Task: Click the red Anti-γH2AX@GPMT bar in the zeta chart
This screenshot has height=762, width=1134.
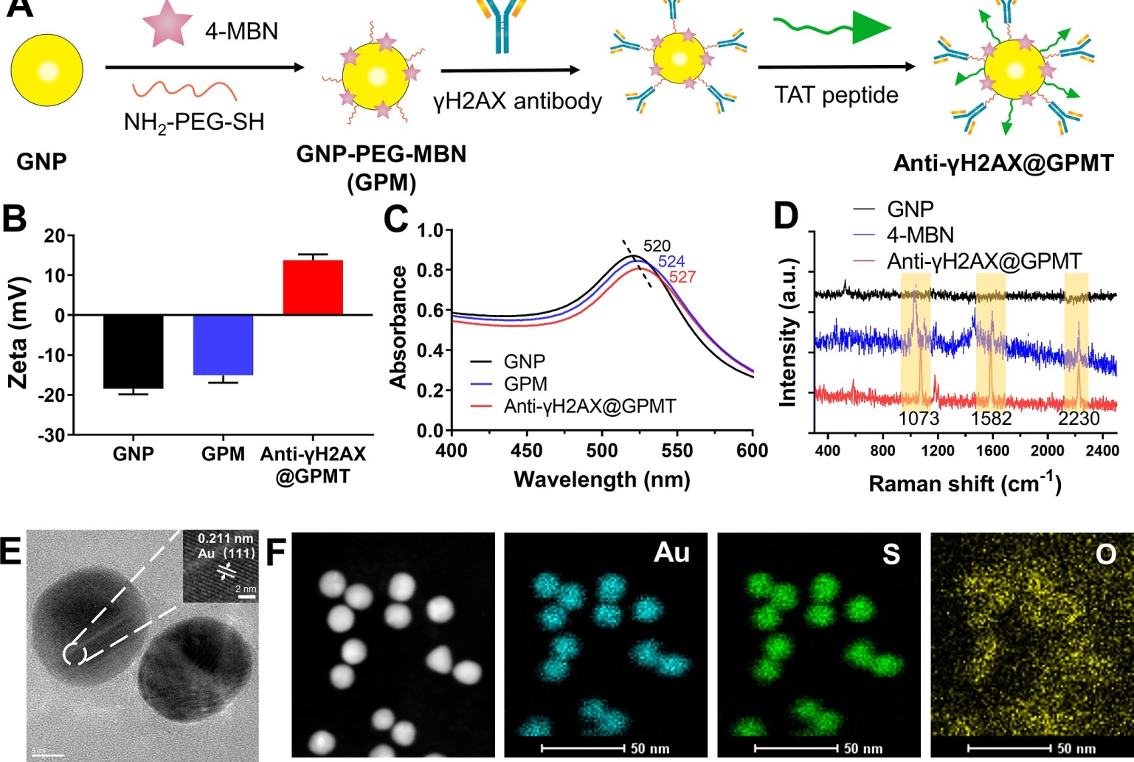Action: click(x=313, y=288)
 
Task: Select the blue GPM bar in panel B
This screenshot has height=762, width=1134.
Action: click(x=223, y=344)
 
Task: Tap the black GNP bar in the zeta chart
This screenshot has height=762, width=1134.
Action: click(x=133, y=351)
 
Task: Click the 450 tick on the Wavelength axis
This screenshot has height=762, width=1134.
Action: click(x=527, y=451)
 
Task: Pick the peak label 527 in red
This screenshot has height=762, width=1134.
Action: click(x=682, y=277)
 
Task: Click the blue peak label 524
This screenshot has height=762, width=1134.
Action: click(x=671, y=261)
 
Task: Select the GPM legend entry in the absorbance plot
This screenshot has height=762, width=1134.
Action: click(x=525, y=384)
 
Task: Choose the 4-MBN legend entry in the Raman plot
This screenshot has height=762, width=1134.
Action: click(x=920, y=235)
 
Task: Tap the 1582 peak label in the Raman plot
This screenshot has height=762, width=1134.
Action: click(x=991, y=419)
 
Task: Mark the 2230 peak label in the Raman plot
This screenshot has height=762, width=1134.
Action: click(x=1079, y=419)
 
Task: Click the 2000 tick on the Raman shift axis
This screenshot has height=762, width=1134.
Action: click(x=1048, y=451)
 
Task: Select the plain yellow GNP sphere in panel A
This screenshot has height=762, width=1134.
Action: click(x=47, y=71)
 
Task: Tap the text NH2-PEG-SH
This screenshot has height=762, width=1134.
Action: click(x=193, y=122)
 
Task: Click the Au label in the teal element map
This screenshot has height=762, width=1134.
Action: click(x=671, y=553)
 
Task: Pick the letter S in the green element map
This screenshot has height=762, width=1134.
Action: click(x=891, y=553)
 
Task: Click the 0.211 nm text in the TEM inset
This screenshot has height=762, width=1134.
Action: click(x=225, y=539)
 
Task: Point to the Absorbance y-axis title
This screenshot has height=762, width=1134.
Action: click(x=398, y=327)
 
